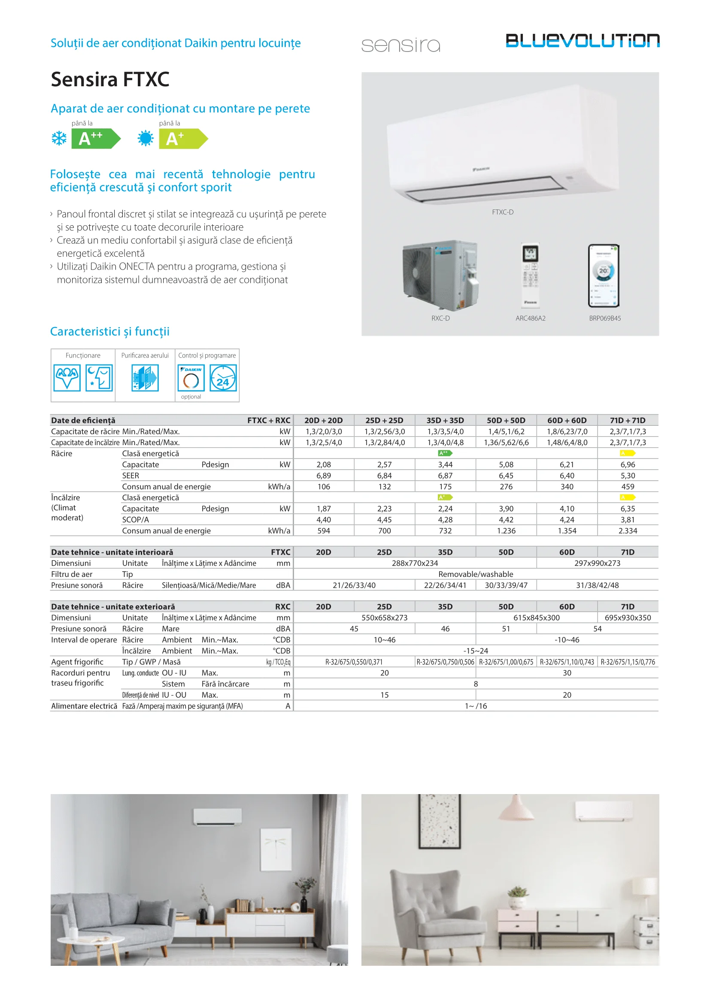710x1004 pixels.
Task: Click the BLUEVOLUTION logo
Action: pyautogui.click(x=583, y=41)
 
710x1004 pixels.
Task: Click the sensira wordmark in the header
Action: pyautogui.click(x=401, y=45)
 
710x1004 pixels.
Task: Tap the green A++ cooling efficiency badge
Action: pyautogui.click(x=95, y=139)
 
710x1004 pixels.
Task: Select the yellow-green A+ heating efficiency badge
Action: pyautogui.click(x=183, y=139)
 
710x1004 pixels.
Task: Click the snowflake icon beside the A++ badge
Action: pyautogui.click(x=59, y=139)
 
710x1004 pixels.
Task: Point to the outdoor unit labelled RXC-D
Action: pyautogui.click(x=440, y=275)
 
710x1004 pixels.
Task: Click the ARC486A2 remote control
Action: pyautogui.click(x=530, y=275)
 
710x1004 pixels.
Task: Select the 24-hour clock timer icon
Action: pyautogui.click(x=223, y=378)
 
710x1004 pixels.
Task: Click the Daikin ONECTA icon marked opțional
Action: pyautogui.click(x=191, y=378)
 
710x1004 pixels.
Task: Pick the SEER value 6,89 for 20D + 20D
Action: pyautogui.click(x=324, y=475)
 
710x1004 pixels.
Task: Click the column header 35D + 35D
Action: pyautogui.click(x=445, y=420)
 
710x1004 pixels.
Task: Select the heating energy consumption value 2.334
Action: pyautogui.click(x=628, y=531)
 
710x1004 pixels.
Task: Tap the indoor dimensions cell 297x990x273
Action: pyautogui.click(x=597, y=563)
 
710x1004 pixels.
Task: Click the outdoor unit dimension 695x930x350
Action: pyautogui.click(x=628, y=617)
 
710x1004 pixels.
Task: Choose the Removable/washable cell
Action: pyautogui.click(x=476, y=574)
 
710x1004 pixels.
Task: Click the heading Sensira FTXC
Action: pyautogui.click(x=110, y=79)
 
